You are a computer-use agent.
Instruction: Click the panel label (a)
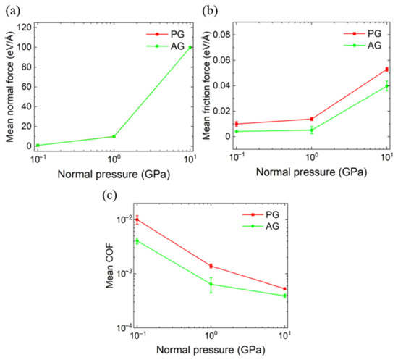tap(13, 11)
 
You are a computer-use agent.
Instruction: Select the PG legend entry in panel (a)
tap(165, 34)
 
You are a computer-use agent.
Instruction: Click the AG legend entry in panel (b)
tap(363, 45)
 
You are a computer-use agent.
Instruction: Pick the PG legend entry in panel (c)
tap(261, 214)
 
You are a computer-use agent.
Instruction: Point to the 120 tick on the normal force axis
tap(25, 28)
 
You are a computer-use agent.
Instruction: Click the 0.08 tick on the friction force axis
tap(222, 34)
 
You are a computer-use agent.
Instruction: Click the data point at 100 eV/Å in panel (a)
tap(190, 47)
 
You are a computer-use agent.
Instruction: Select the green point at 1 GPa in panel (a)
tap(114, 136)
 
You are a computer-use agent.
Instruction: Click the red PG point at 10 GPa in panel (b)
tap(387, 70)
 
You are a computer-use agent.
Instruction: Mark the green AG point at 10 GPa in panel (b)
tap(387, 86)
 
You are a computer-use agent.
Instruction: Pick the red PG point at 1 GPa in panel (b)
tap(312, 119)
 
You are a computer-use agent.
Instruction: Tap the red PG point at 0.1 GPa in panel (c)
tap(137, 219)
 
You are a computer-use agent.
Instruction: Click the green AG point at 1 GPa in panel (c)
tap(211, 284)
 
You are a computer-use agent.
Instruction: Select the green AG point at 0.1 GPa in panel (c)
tap(137, 240)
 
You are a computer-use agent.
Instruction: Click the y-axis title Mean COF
tap(110, 265)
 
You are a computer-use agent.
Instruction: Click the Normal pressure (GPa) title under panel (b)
tap(311, 172)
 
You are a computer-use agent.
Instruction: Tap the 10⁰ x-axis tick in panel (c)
tap(211, 336)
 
